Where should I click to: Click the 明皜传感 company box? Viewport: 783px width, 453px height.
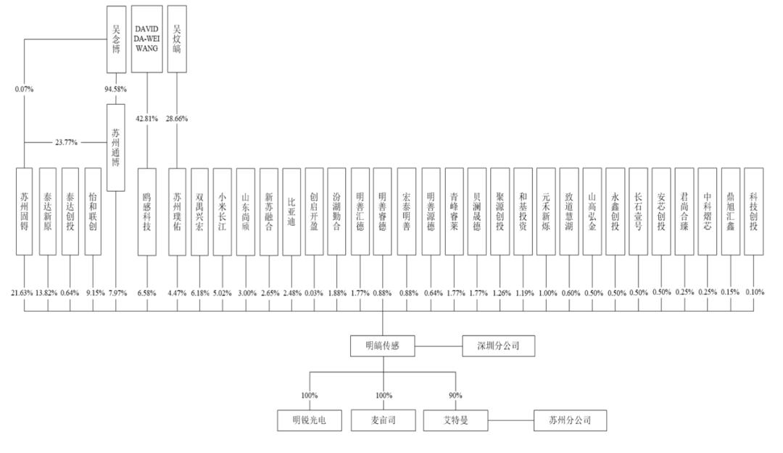(x=383, y=347)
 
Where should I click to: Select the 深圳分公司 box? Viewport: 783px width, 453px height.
(x=500, y=347)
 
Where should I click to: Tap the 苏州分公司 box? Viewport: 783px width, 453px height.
(x=569, y=420)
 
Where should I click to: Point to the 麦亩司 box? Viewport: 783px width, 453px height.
(x=384, y=420)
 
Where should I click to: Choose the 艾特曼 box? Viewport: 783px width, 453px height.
(x=457, y=420)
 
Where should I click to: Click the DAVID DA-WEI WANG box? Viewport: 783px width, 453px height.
(x=147, y=38)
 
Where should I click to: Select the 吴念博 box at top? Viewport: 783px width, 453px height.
(x=116, y=38)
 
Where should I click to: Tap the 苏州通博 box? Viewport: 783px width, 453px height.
(x=116, y=147)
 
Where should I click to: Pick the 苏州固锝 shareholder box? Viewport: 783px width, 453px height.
(x=25, y=211)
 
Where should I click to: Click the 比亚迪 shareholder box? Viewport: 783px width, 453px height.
(x=291, y=211)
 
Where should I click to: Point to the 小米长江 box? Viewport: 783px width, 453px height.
(x=223, y=211)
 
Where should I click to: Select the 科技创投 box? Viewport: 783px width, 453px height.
(x=754, y=211)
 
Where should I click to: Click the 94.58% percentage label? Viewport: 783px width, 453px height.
(x=116, y=89)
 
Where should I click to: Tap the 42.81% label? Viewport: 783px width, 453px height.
(x=147, y=118)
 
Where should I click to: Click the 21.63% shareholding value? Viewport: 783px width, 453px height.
(x=23, y=293)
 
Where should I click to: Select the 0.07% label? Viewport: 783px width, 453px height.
(x=24, y=89)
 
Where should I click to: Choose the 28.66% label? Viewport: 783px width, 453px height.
(x=178, y=118)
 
